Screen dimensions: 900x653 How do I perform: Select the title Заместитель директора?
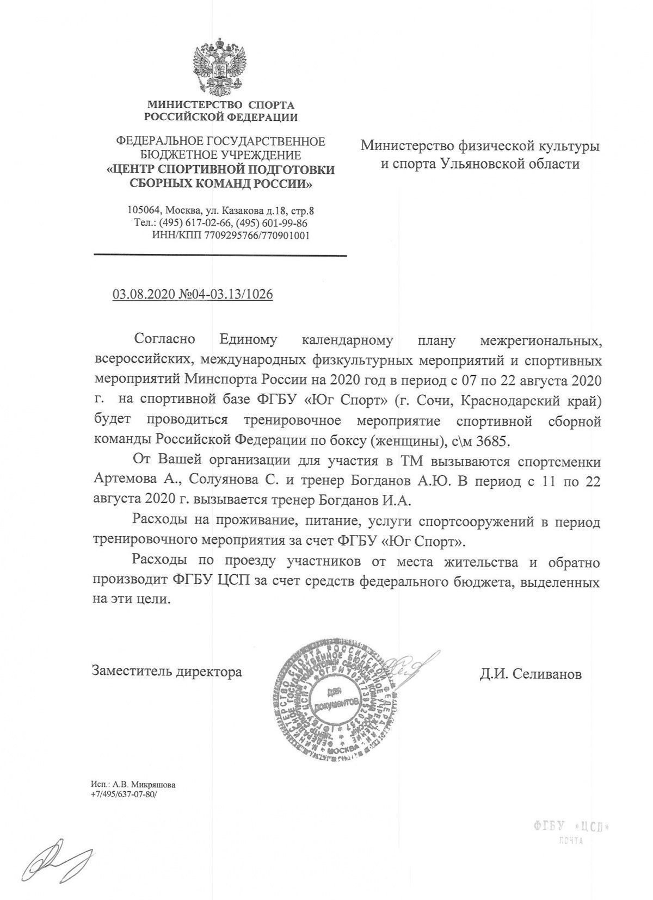point(167,672)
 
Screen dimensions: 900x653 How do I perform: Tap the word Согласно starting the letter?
point(165,341)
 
